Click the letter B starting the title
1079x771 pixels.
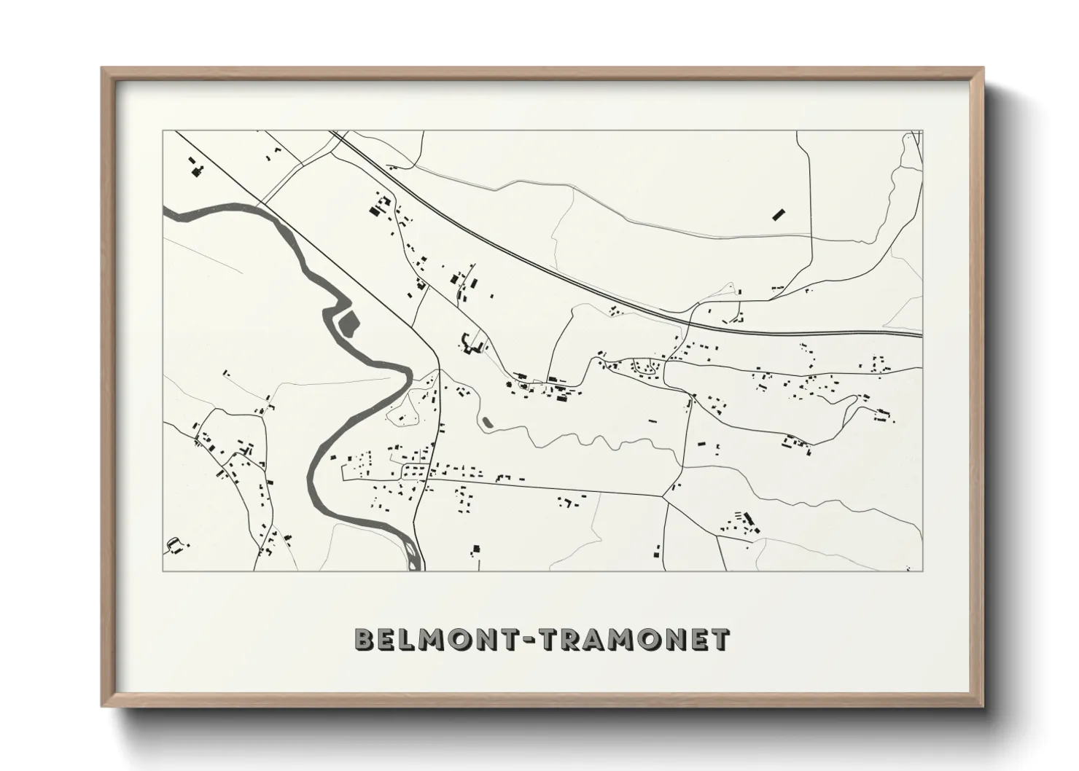pyautogui.click(x=365, y=639)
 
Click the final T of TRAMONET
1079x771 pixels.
pyautogui.click(x=719, y=639)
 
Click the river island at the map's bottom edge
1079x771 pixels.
pyautogui.click(x=413, y=555)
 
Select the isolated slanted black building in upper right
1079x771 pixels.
pyautogui.click(x=778, y=214)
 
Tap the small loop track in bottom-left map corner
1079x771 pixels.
pyautogui.click(x=174, y=544)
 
